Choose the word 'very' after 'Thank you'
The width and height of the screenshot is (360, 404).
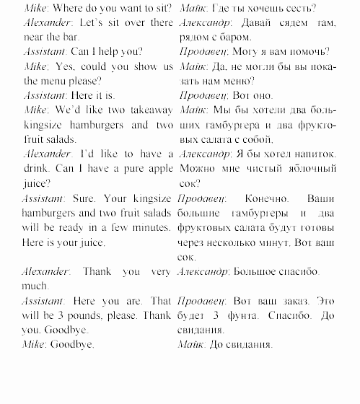(x=155, y=272)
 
